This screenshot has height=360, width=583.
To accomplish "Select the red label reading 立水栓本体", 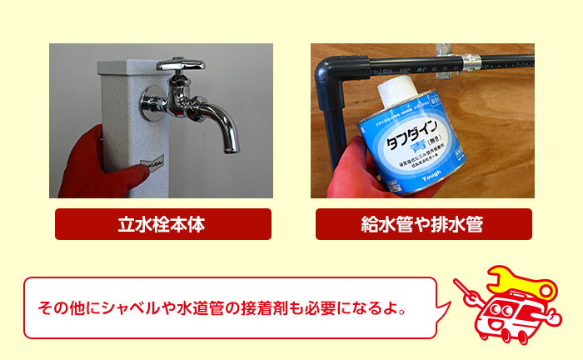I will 162,224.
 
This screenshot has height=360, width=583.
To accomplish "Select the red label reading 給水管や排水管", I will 423,224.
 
